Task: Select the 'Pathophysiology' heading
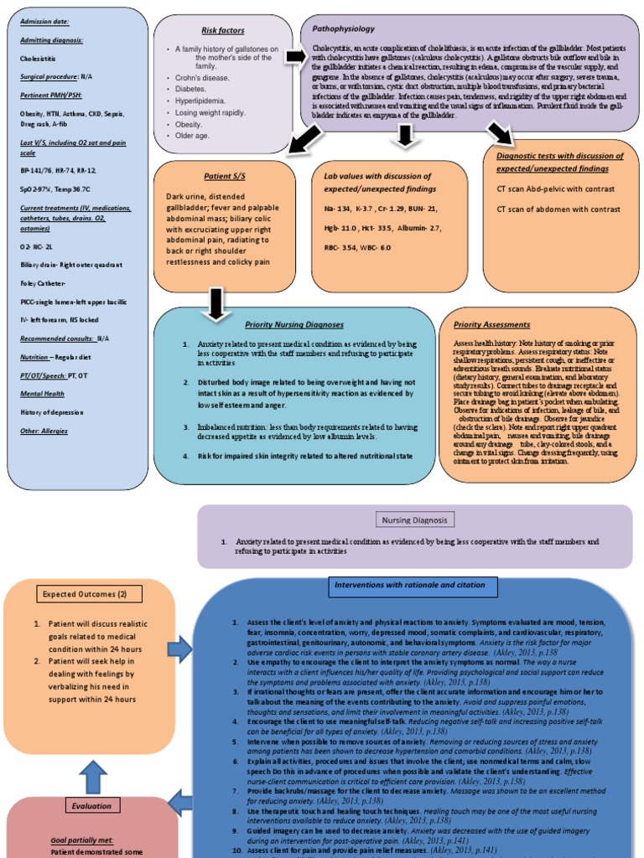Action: click(343, 28)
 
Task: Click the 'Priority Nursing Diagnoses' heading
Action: click(294, 324)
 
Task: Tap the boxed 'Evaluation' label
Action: click(91, 806)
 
